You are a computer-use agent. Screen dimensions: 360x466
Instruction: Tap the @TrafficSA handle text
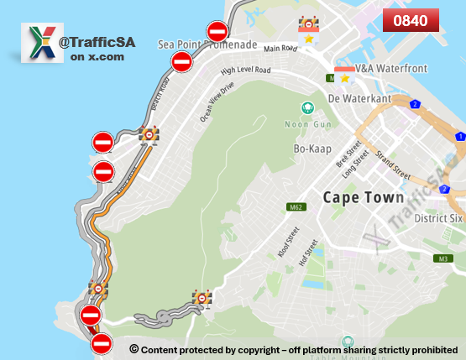coord(97,41)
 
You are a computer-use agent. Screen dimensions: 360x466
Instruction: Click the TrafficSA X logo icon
coord(41,44)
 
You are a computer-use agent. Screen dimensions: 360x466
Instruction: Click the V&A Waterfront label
coord(386,66)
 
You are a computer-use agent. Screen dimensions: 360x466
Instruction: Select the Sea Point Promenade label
coord(207,44)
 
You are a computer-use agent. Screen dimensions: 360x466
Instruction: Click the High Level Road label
coord(245,72)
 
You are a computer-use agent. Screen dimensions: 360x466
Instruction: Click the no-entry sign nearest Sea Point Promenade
coord(217,32)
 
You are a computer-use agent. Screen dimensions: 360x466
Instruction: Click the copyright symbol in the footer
coord(134,348)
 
